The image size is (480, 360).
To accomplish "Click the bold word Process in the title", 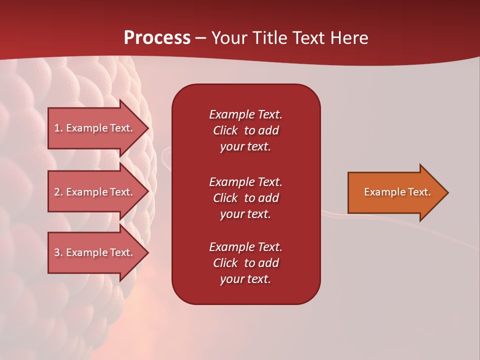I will (157, 38).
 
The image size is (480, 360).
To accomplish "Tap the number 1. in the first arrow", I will (58, 128).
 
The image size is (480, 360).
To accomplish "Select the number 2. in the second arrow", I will (58, 192).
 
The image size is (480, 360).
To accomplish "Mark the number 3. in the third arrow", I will (58, 252).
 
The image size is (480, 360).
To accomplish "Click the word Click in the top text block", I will (225, 130).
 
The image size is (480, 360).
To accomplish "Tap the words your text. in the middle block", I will (245, 214).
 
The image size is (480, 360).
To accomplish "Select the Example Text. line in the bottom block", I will (245, 247).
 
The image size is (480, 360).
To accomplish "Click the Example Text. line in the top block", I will (245, 114).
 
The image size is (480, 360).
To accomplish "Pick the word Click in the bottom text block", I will (225, 263).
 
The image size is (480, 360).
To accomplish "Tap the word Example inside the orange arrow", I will (381, 192).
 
